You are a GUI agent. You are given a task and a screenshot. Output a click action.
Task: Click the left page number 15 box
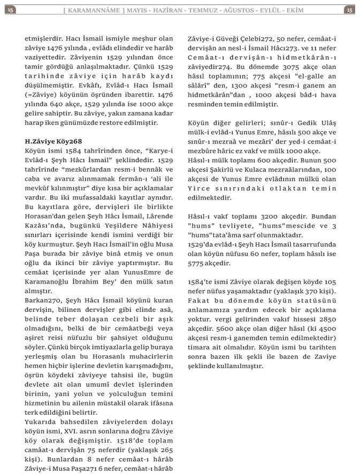point(10,10)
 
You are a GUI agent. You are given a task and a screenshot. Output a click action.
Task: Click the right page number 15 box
point(349,10)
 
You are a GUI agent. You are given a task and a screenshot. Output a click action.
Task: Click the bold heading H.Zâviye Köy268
point(53,141)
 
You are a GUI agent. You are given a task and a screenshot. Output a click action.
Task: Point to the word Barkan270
point(43,301)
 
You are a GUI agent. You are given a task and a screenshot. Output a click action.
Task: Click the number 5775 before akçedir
point(198,263)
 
